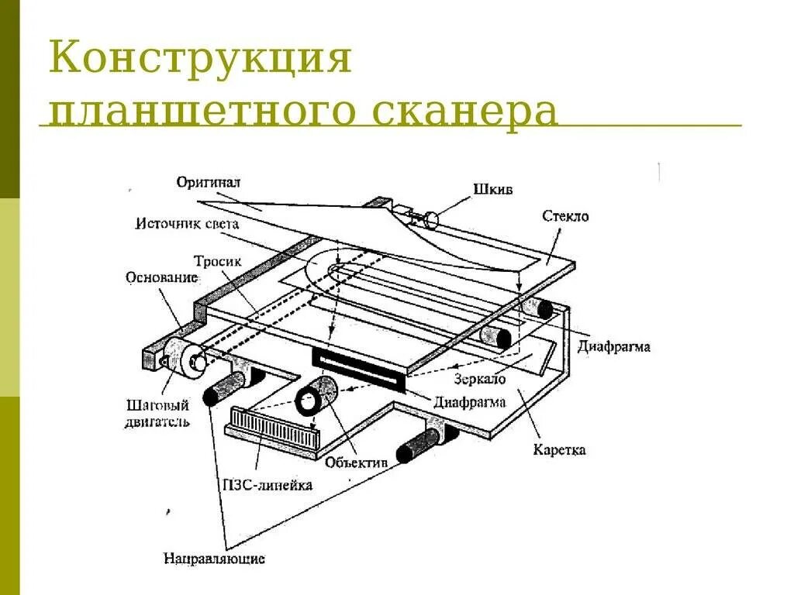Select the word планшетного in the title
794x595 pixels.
200,112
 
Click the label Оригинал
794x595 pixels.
209,183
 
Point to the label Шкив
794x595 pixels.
493,189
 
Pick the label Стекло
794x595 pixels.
565,216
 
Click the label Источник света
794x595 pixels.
187,225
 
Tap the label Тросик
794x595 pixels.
218,262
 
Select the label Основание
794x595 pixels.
161,277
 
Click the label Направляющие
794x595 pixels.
215,558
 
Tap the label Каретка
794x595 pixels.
560,449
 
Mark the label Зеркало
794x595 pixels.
481,380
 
